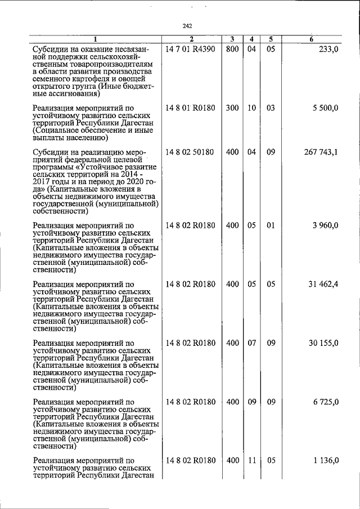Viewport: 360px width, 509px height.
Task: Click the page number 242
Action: click(x=188, y=25)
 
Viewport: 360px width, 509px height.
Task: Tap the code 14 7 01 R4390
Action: click(x=191, y=49)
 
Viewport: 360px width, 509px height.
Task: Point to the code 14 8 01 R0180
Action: click(x=191, y=107)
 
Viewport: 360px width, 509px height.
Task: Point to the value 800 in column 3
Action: click(x=232, y=49)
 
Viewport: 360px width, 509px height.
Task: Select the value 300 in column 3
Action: click(x=232, y=107)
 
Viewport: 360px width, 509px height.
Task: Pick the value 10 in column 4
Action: click(x=251, y=107)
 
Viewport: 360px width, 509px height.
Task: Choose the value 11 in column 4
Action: click(x=251, y=460)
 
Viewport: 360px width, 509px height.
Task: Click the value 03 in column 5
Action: click(x=271, y=107)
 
